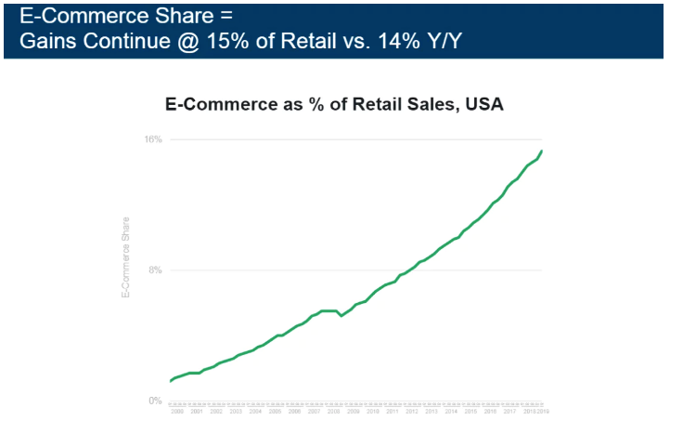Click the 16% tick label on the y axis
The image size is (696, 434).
pyautogui.click(x=153, y=139)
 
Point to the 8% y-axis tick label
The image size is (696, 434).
pyautogui.click(x=156, y=270)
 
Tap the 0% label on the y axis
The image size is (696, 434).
pyautogui.click(x=156, y=401)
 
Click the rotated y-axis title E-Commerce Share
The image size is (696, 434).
pyautogui.click(x=125, y=257)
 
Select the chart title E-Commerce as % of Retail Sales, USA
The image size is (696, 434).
pyautogui.click(x=334, y=105)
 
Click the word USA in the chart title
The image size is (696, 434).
pyautogui.click(x=483, y=105)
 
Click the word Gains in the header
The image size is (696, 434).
pyautogui.click(x=48, y=43)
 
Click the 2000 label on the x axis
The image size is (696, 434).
pyautogui.click(x=177, y=410)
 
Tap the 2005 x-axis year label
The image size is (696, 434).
pyautogui.click(x=276, y=410)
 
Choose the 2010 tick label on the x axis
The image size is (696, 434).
pyautogui.click(x=373, y=410)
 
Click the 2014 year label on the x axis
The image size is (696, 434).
pyautogui.click(x=451, y=410)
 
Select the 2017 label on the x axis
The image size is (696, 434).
pyautogui.click(x=509, y=410)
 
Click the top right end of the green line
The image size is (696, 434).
pyautogui.click(x=543, y=151)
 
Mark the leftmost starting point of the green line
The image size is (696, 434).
pyautogui.click(x=171, y=381)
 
